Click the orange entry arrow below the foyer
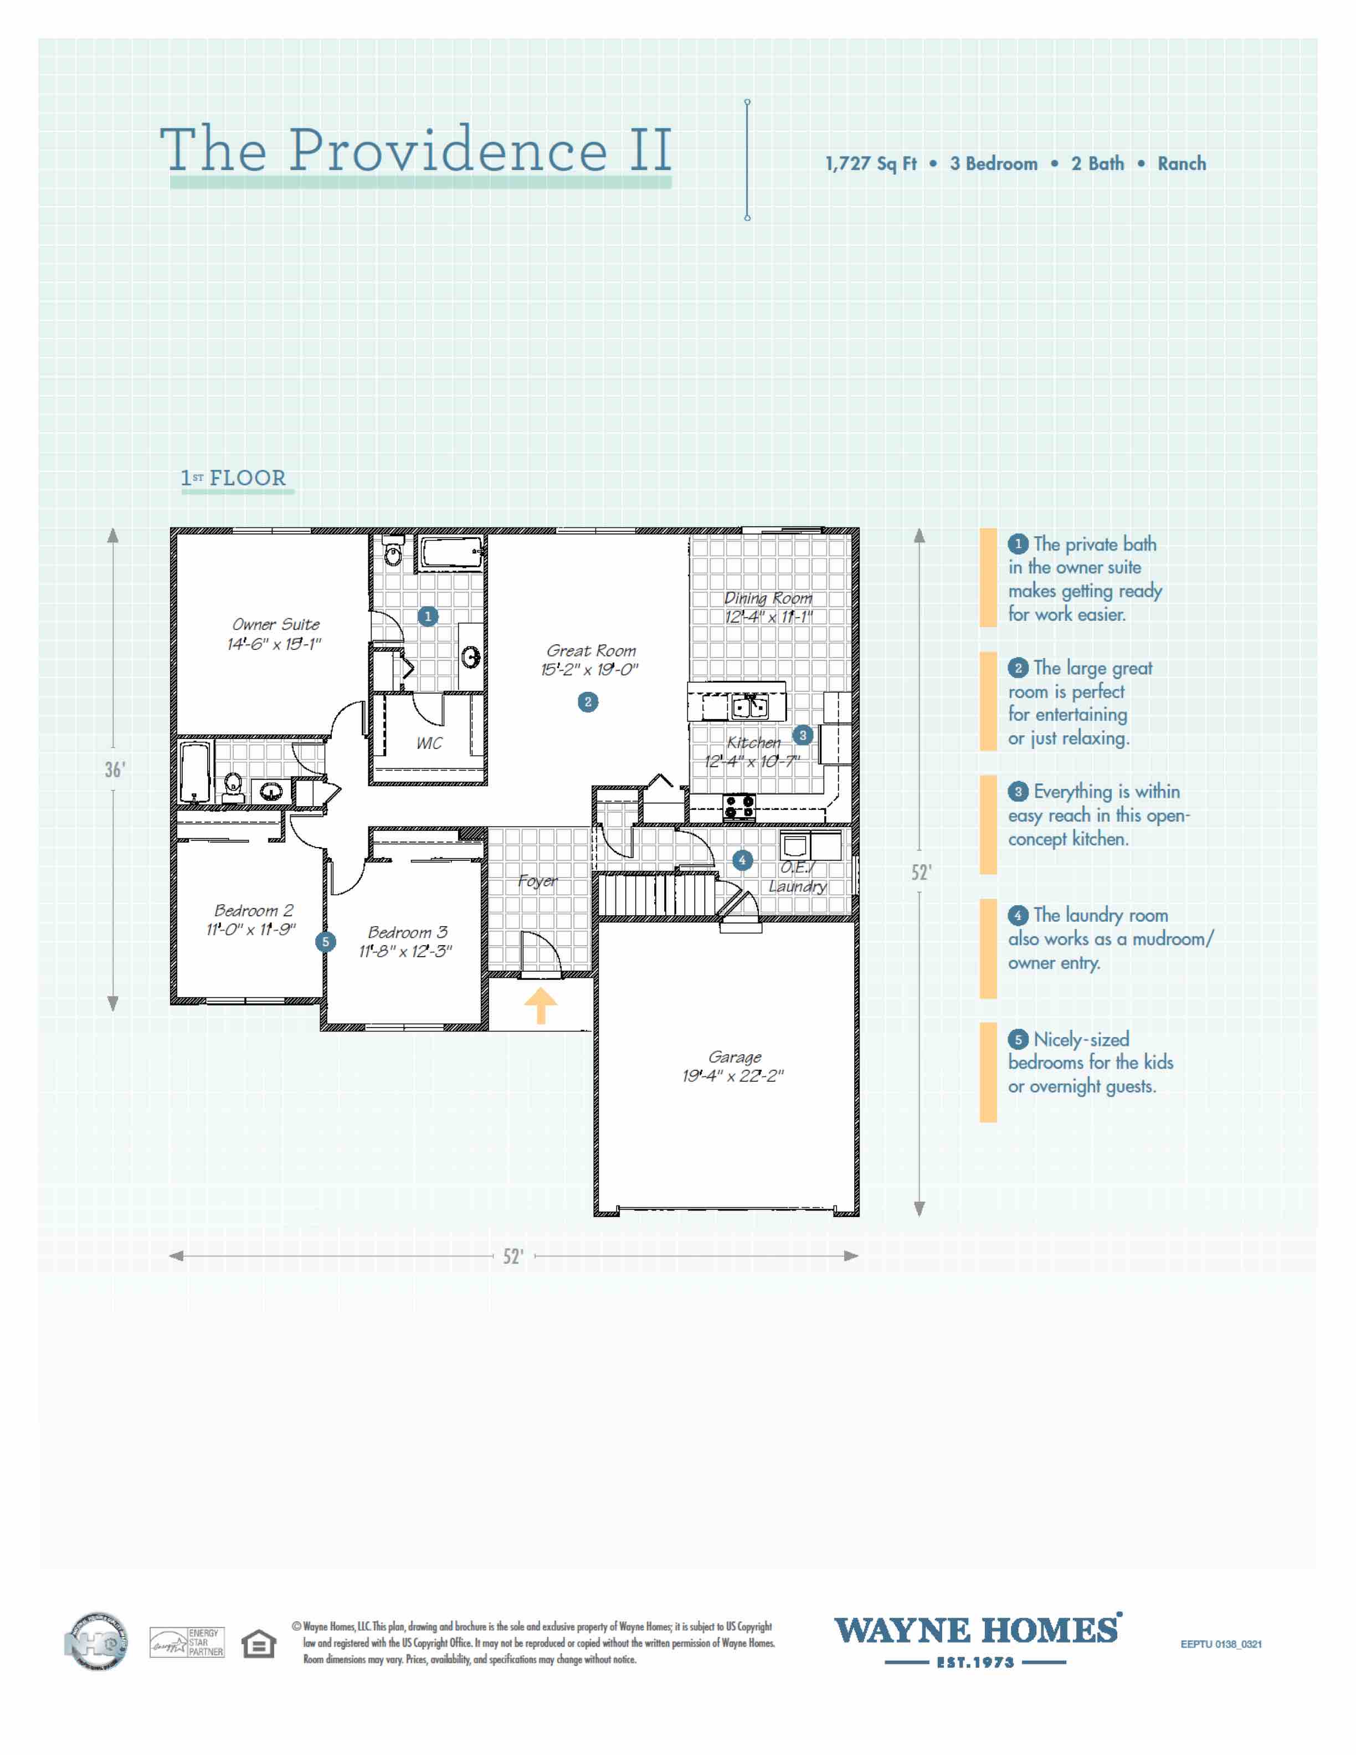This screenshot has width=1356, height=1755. coord(541,1004)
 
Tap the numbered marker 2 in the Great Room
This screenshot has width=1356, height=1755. coord(588,702)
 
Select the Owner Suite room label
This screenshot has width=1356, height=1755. coord(275,624)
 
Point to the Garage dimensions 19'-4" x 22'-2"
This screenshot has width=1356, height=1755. coord(733,1076)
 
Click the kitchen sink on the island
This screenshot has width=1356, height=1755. coord(749,706)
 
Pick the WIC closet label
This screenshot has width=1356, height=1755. coord(429,743)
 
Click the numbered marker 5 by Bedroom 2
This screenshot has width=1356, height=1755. coord(325,942)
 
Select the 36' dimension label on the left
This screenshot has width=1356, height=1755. coord(115,770)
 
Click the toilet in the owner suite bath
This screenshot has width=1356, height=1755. coord(393,553)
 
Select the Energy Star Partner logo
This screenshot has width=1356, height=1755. coord(187,1643)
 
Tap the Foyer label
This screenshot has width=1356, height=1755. coord(537,881)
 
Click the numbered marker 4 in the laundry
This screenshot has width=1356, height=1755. coord(742,860)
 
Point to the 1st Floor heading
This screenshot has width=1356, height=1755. coord(234,478)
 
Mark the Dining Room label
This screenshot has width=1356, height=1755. coord(768,598)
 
